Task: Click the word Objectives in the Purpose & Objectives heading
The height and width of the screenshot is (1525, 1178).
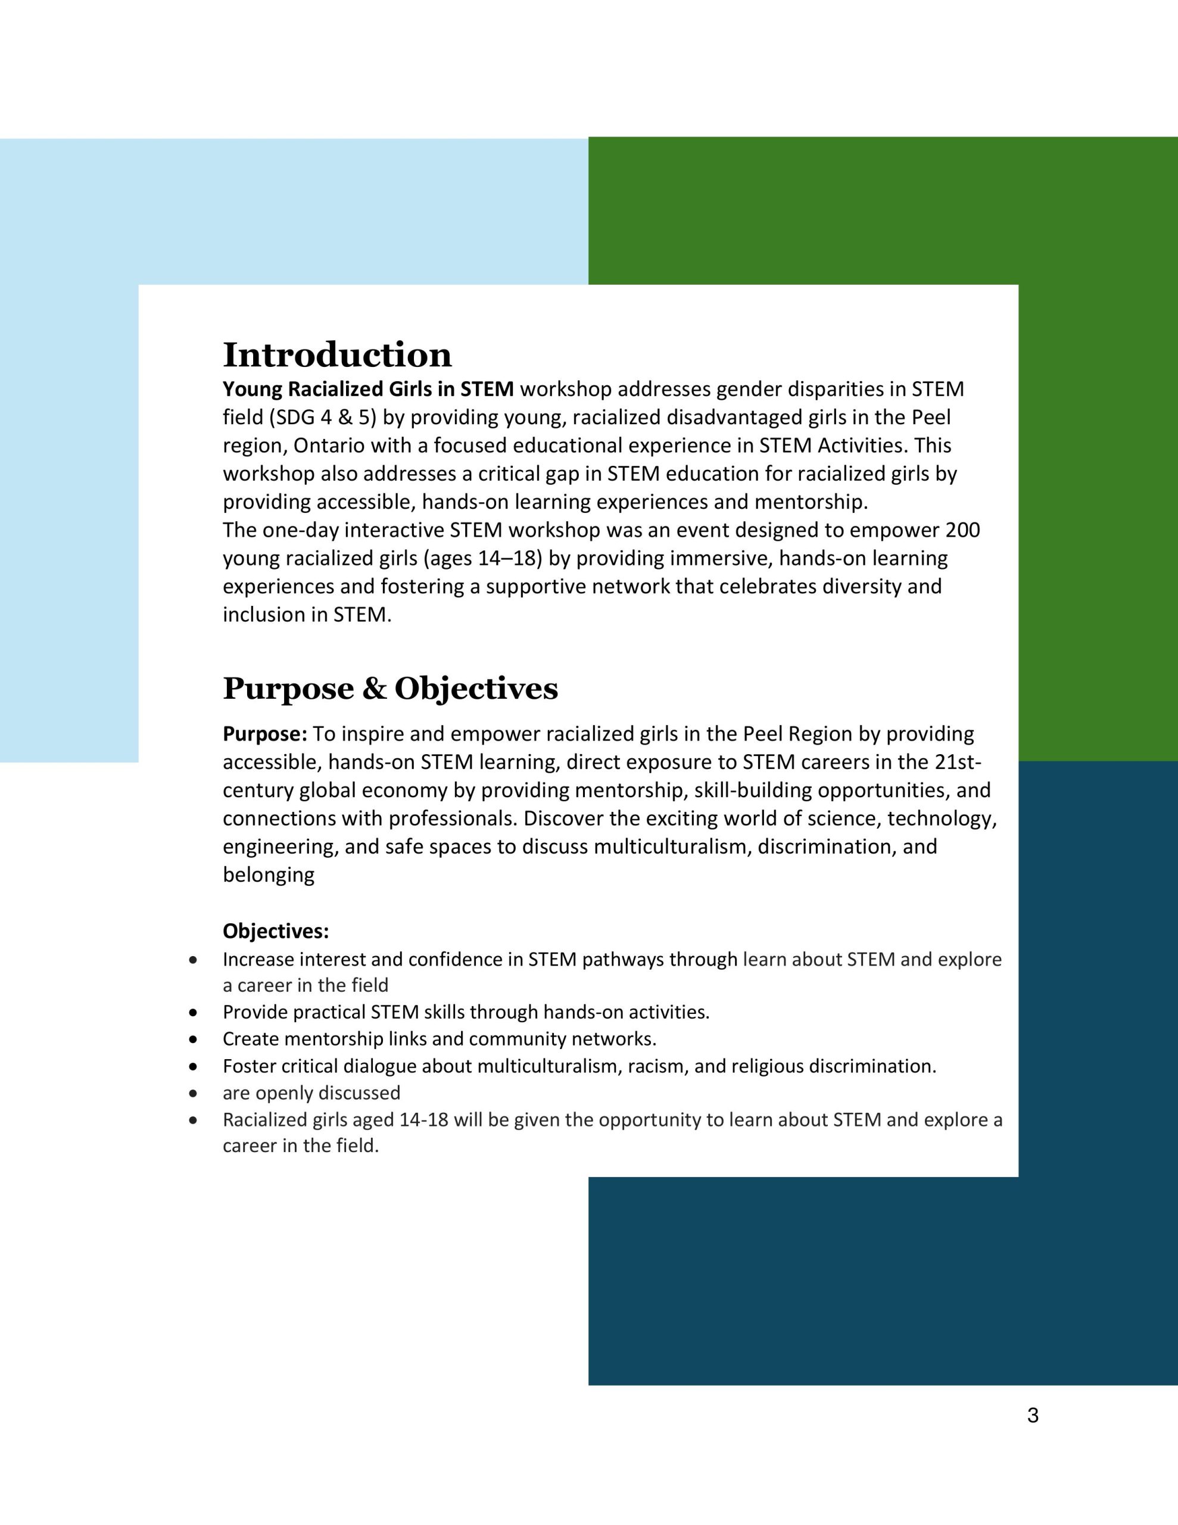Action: click(x=476, y=689)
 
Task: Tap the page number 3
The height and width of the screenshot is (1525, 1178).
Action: click(x=1033, y=1415)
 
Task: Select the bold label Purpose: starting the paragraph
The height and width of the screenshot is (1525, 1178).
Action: click(x=264, y=734)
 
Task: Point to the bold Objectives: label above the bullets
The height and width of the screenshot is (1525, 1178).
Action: click(x=276, y=932)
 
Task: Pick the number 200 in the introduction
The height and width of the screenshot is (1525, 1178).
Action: click(x=962, y=530)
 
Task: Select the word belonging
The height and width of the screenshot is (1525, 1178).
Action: click(x=269, y=875)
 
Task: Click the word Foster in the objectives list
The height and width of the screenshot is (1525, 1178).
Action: click(x=248, y=1066)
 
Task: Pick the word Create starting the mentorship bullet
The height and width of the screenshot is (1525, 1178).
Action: click(x=247, y=1039)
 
